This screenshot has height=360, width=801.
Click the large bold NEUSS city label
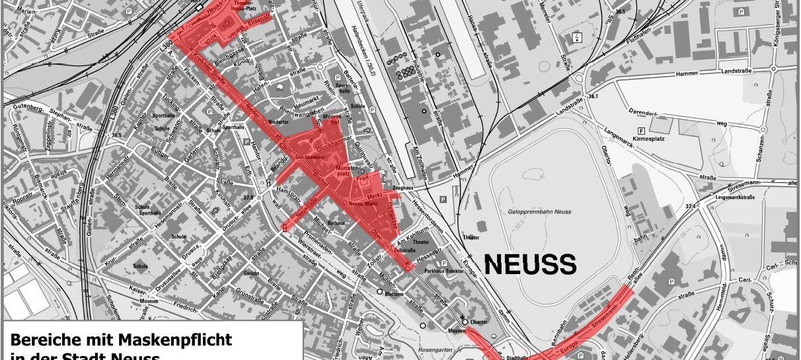(x=531, y=265)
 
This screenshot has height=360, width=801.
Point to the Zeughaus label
(x=402, y=188)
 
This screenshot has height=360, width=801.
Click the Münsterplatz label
(x=343, y=172)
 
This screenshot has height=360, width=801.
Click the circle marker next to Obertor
(x=465, y=322)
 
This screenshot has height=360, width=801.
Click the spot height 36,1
(x=592, y=97)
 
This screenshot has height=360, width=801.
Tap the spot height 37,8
(x=248, y=197)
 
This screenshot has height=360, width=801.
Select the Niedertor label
(x=278, y=122)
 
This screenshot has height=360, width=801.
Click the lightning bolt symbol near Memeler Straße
(x=578, y=38)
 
